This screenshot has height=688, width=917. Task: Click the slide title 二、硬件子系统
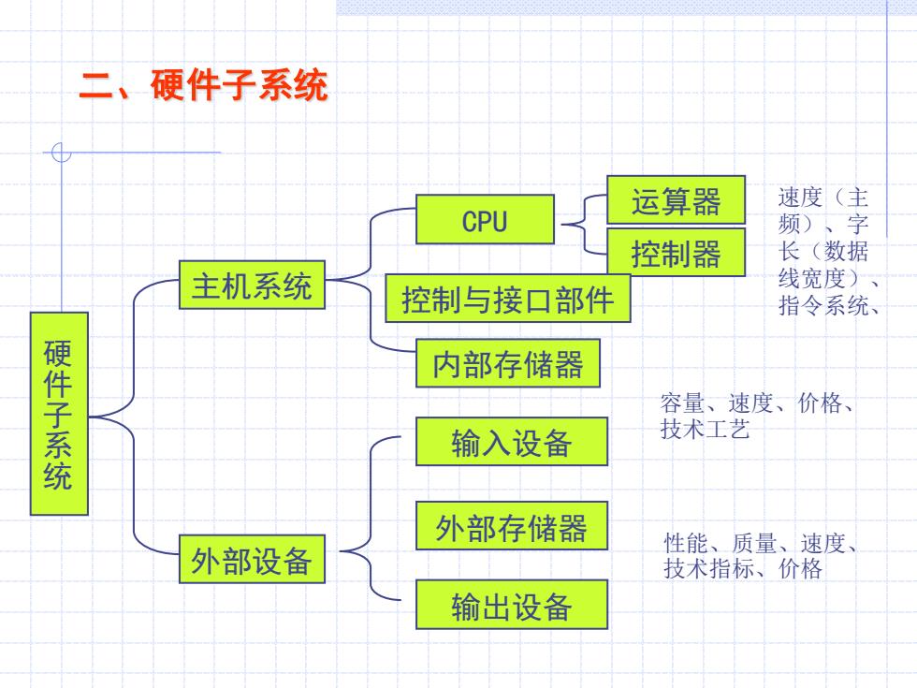[x=204, y=85]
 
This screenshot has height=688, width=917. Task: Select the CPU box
[x=485, y=219]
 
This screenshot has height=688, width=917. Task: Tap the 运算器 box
[x=676, y=200]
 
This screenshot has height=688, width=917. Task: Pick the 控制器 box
[x=676, y=252]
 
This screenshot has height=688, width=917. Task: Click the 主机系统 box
[x=252, y=285]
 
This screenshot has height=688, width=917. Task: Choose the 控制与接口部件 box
[x=507, y=298]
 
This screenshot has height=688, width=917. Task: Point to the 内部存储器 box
[x=508, y=363]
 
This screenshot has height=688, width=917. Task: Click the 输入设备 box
[x=512, y=442]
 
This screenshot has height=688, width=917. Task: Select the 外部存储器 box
[x=512, y=525]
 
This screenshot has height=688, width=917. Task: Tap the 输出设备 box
[x=512, y=605]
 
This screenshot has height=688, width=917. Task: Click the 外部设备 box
[x=252, y=559]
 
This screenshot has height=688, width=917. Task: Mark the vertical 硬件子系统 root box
[x=59, y=414]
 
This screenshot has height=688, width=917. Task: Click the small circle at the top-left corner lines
[x=61, y=153]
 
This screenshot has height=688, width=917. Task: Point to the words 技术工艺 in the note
[x=705, y=429]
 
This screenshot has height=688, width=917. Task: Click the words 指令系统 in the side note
[x=823, y=305]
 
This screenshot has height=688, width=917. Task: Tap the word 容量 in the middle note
[x=682, y=403]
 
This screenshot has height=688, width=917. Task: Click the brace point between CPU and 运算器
[x=563, y=224]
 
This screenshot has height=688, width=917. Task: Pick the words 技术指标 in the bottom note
[x=708, y=569]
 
